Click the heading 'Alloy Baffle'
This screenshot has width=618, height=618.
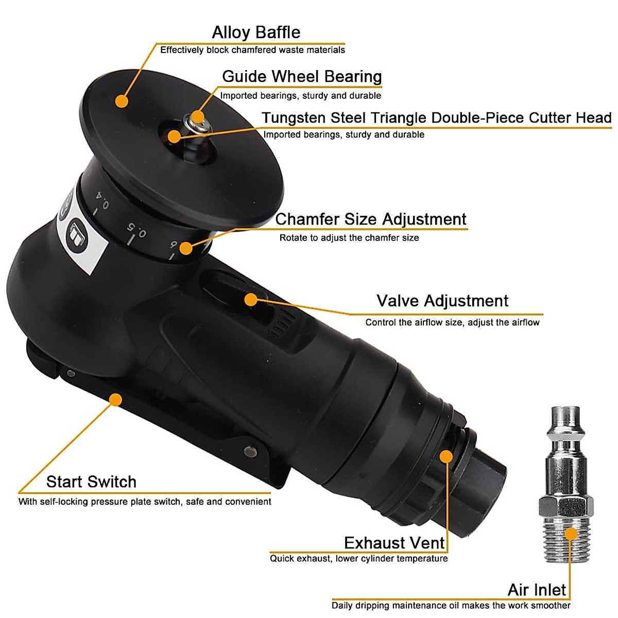(x=256, y=32)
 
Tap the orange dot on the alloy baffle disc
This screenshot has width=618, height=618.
(x=122, y=100)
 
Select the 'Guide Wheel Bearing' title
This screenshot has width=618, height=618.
(x=302, y=76)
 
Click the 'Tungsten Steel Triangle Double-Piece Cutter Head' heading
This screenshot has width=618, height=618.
(x=436, y=117)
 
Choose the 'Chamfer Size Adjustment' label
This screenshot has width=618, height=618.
(x=371, y=219)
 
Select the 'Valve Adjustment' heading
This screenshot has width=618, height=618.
(x=442, y=301)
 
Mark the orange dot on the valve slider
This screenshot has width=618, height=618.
(x=251, y=299)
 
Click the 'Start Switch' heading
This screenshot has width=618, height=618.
(x=91, y=482)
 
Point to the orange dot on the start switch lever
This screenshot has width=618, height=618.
(x=116, y=399)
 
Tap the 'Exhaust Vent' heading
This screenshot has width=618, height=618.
(x=394, y=543)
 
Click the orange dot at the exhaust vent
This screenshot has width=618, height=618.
(x=446, y=456)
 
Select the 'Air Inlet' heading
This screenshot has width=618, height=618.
(x=537, y=590)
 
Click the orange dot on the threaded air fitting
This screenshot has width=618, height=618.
(x=571, y=534)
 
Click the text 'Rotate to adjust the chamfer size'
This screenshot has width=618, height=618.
(x=349, y=238)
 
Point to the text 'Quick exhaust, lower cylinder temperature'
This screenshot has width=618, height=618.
(x=359, y=559)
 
